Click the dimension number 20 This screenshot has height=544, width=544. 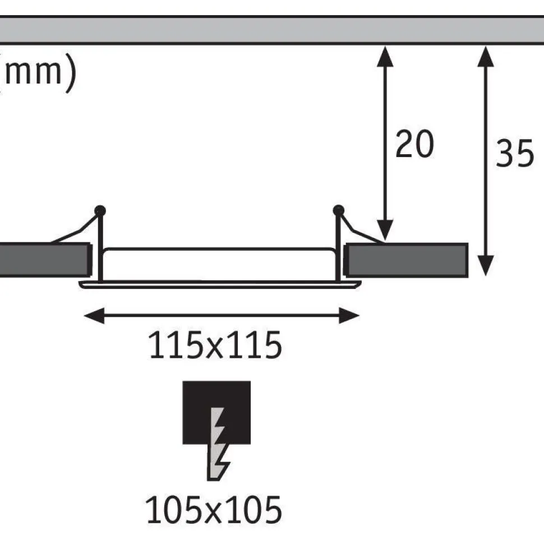(x=414, y=144)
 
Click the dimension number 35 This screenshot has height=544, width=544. (x=515, y=153)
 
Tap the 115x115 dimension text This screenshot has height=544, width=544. (x=215, y=345)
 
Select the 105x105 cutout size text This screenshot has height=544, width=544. (x=214, y=510)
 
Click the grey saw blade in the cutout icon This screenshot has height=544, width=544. (x=218, y=444)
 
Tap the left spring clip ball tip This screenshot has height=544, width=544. (x=100, y=211)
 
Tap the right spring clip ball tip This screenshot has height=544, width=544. (x=338, y=210)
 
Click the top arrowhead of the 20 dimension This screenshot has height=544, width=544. (x=385, y=56)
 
